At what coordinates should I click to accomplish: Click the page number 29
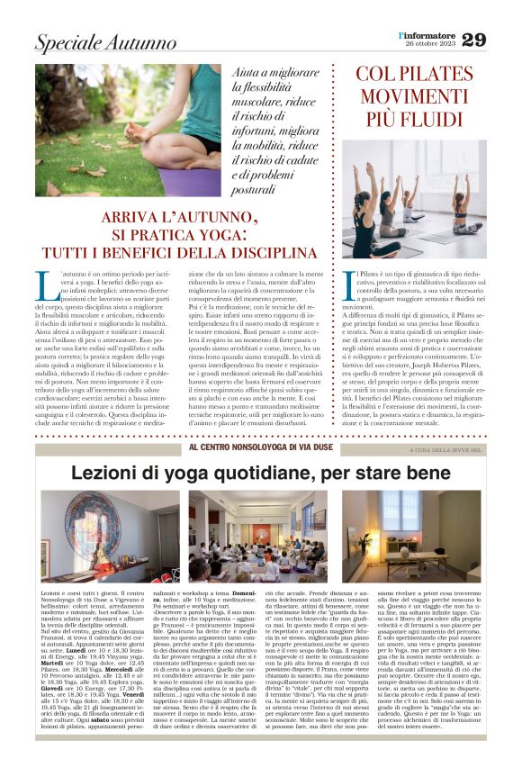pyautogui.click(x=499, y=40)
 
